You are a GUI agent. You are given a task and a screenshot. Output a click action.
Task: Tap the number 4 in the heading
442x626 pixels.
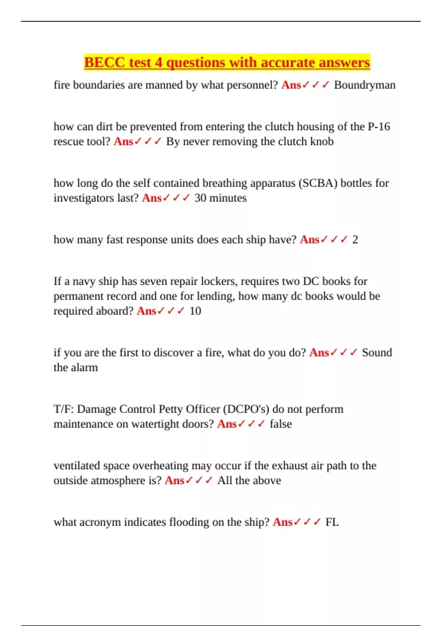tap(158, 63)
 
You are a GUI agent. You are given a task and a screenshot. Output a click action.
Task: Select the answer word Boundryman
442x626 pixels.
tap(365, 85)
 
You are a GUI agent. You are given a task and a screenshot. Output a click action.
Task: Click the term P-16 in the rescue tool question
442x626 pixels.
tap(379, 127)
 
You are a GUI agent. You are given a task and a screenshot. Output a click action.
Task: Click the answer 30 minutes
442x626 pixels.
tap(220, 198)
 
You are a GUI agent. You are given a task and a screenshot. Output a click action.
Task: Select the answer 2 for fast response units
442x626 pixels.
tap(355, 240)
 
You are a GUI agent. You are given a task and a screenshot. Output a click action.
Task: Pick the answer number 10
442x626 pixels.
tap(195, 311)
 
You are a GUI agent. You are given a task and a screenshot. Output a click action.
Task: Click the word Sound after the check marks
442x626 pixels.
tap(377, 353)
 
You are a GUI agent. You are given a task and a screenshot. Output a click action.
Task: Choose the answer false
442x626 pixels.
tap(281, 424)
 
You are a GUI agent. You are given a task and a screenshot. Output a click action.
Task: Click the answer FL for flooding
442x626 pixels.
tap(332, 522)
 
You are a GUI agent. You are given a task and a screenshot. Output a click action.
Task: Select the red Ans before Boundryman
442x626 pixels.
tap(291, 85)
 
